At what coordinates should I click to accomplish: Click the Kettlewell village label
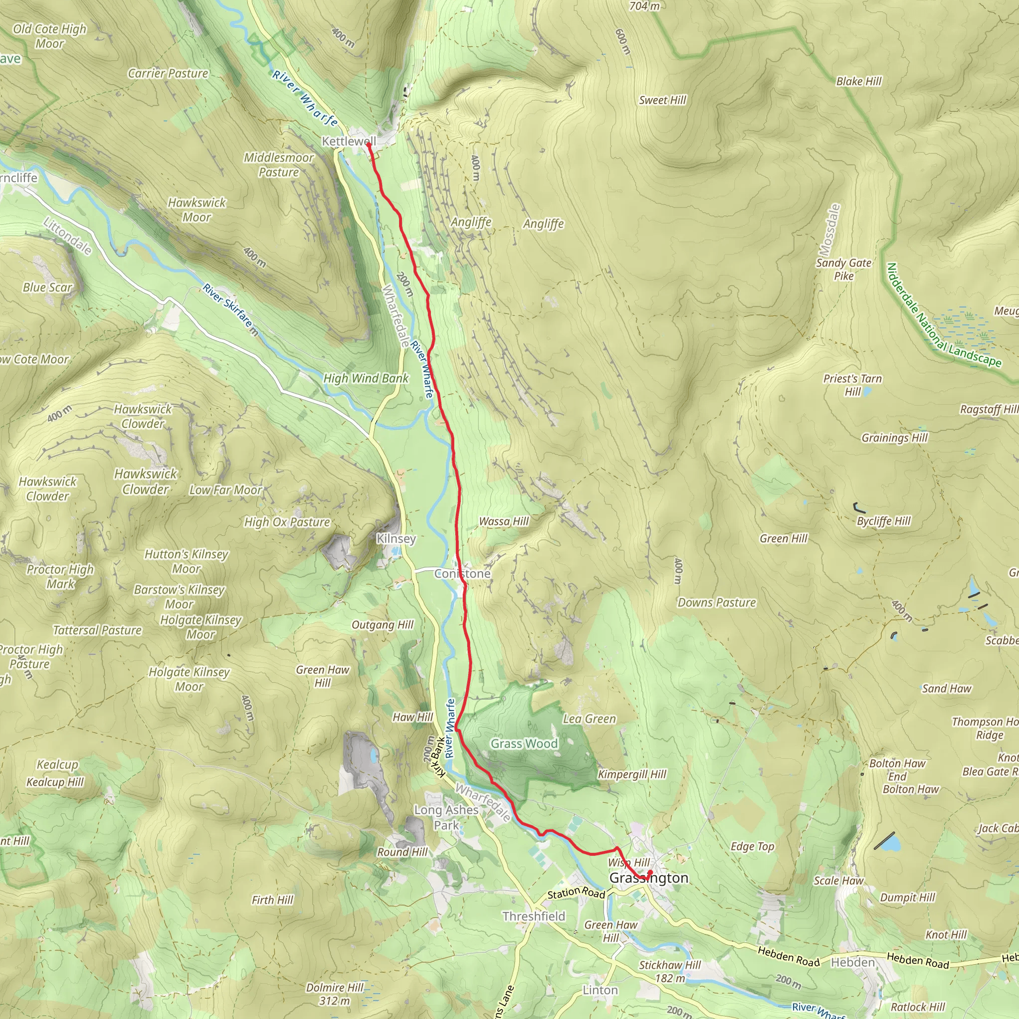[x=349, y=141]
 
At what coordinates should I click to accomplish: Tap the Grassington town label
[x=648, y=878]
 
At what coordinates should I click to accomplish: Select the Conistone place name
[x=462, y=573]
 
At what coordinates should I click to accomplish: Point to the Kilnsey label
[x=396, y=538]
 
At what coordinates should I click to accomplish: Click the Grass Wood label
[x=524, y=743]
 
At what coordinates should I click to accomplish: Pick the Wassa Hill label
[x=503, y=521]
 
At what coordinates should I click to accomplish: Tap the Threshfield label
[x=533, y=916]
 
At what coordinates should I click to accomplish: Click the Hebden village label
[x=852, y=963]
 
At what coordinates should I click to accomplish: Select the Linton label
[x=600, y=990]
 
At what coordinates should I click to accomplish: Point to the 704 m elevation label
[x=644, y=6]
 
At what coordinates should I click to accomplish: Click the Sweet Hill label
[x=662, y=100]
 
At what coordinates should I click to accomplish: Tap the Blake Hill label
[x=859, y=81]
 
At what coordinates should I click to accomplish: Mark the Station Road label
[x=576, y=893]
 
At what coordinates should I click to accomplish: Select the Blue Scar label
[x=47, y=288]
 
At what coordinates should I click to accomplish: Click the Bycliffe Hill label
[x=884, y=521]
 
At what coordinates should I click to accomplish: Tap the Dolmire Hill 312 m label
[x=334, y=994]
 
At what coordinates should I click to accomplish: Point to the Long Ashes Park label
[x=446, y=817]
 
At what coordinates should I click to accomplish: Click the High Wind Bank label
[x=366, y=378]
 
